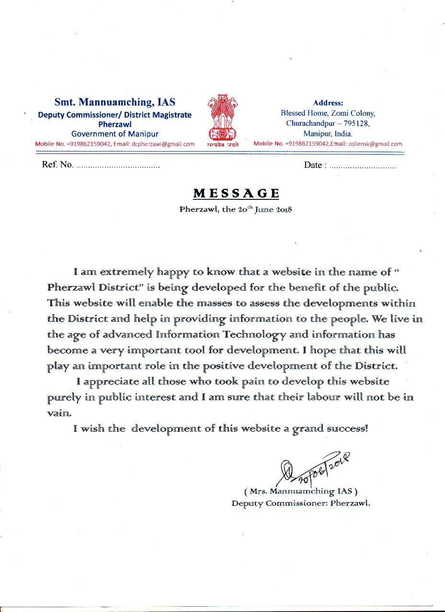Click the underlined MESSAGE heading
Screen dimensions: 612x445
coord(236,193)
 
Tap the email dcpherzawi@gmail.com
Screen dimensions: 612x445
coord(163,144)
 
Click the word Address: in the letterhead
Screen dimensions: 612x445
coord(328,103)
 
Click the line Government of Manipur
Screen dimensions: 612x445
coord(114,134)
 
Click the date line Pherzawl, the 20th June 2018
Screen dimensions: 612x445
coord(236,209)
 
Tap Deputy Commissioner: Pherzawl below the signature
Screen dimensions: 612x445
coord(301,503)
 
